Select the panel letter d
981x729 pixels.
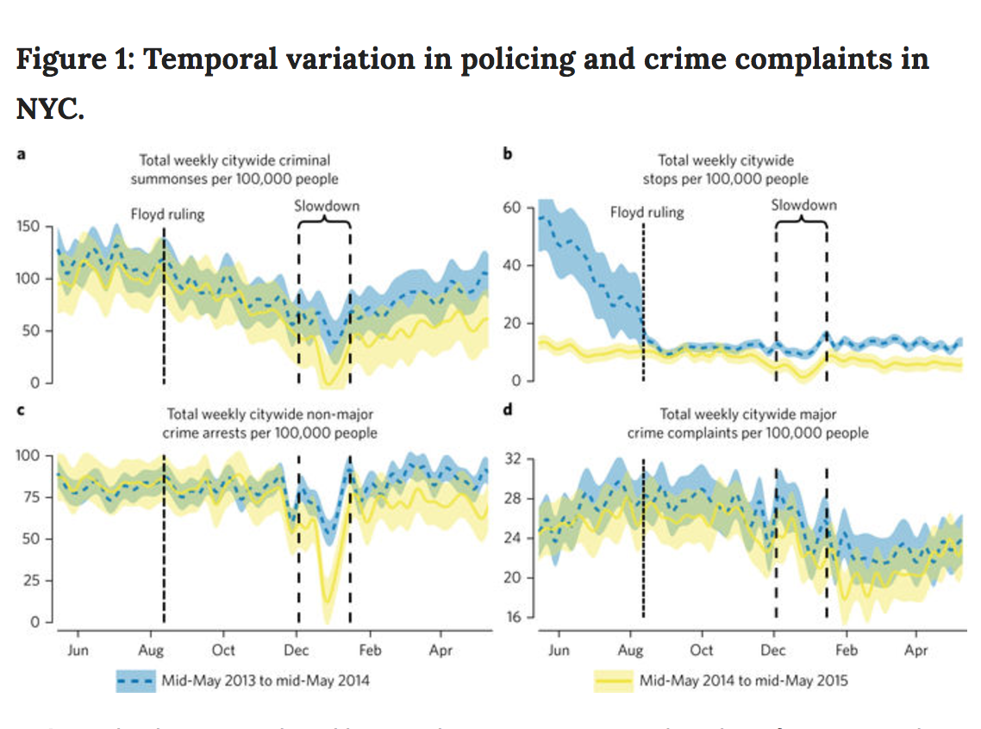pyautogui.click(x=509, y=409)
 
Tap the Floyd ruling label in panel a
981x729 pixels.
pyautogui.click(x=167, y=214)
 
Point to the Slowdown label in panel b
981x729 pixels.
pyautogui.click(x=803, y=205)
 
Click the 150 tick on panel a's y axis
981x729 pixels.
pyautogui.click(x=31, y=227)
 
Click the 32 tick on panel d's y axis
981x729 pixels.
pyautogui.click(x=515, y=458)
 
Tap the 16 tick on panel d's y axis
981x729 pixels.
pyautogui.click(x=515, y=617)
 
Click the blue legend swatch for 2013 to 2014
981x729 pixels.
pyautogui.click(x=135, y=681)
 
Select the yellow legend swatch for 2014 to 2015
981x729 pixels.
pyautogui.click(x=613, y=681)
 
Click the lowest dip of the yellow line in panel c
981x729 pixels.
pyautogui.click(x=326, y=603)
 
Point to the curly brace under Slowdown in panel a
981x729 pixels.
pyautogui.click(x=324, y=221)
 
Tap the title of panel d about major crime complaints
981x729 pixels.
pyautogui.click(x=747, y=423)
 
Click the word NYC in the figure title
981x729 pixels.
pyautogui.click(x=50, y=110)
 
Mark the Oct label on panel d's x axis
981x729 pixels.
pyautogui.click(x=703, y=651)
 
